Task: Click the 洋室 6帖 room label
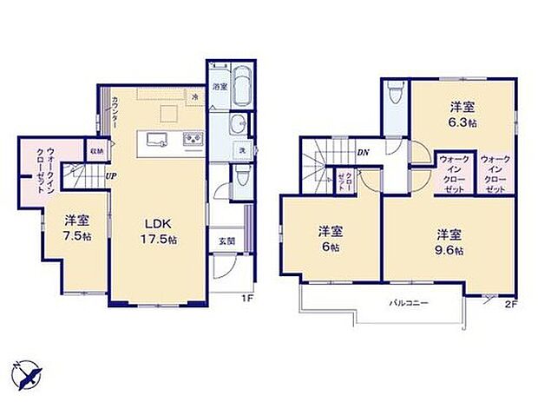[x=327, y=238]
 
